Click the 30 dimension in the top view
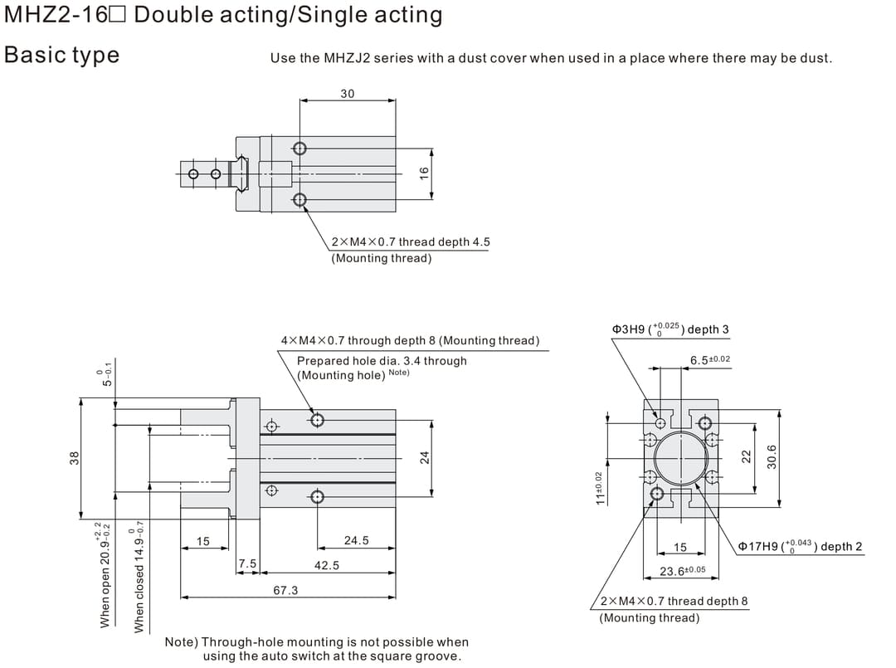[x=347, y=94]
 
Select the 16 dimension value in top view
[x=424, y=173]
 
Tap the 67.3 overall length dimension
[x=285, y=590]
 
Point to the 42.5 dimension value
[x=326, y=565]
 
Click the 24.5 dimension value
[x=356, y=540]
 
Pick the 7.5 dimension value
[x=247, y=564]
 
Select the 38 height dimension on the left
[x=74, y=457]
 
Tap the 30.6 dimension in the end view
[x=772, y=456]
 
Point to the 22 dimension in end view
[x=746, y=456]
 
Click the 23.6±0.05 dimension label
[x=682, y=570]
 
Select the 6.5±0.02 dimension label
[x=710, y=359]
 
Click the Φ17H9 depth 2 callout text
[x=800, y=546]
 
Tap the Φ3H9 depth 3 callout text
[x=670, y=329]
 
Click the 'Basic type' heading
[x=62, y=55]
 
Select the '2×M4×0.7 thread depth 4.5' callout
[x=410, y=241]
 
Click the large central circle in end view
[x=680, y=457]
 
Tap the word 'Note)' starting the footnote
[x=182, y=641]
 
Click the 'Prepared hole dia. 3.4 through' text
[x=382, y=360]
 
